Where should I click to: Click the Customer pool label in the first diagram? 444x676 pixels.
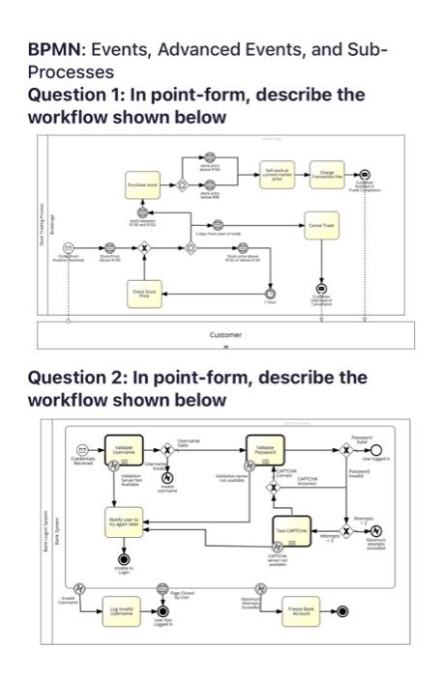click(225, 335)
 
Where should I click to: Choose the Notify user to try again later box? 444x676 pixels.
click(124, 523)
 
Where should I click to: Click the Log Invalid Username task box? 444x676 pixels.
click(124, 610)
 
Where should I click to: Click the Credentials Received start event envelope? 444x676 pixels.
click(84, 450)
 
